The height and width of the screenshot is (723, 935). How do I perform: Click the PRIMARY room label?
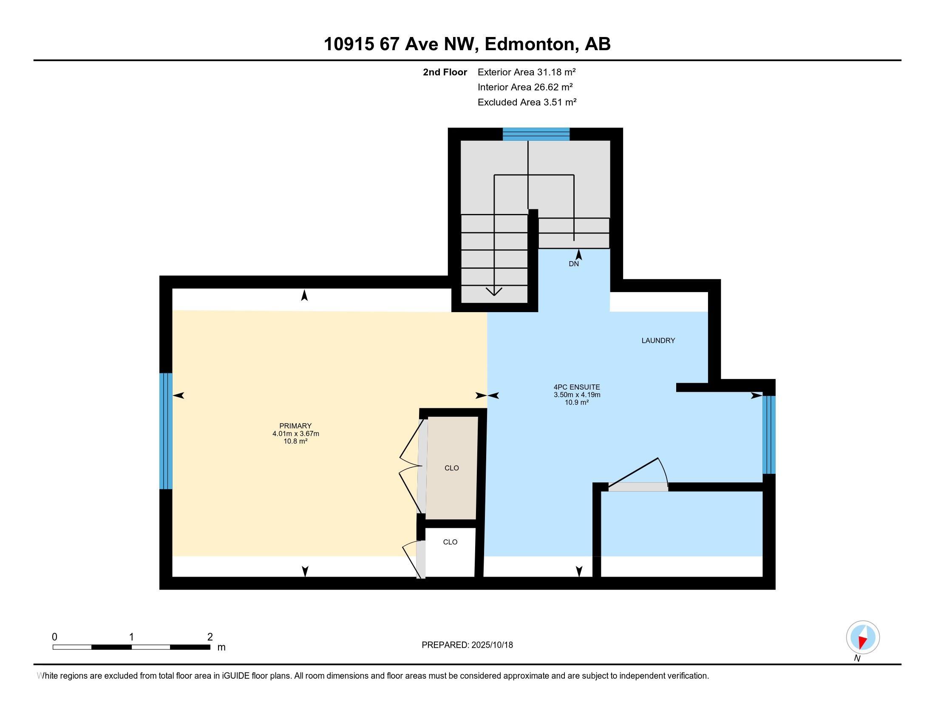tap(295, 426)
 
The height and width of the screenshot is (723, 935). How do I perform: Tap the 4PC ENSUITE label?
tap(577, 387)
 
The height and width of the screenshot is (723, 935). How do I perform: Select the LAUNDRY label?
tap(658, 341)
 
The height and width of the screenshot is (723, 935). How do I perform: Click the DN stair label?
tap(574, 264)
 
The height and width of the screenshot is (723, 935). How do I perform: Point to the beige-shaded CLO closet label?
tap(452, 468)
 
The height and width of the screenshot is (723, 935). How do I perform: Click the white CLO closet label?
tap(450, 542)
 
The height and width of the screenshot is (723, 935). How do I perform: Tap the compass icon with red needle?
tap(863, 637)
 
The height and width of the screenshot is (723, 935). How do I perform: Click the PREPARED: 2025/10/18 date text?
tap(467, 645)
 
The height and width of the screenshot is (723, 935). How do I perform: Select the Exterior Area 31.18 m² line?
tap(526, 72)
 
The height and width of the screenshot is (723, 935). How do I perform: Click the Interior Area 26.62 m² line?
tap(525, 87)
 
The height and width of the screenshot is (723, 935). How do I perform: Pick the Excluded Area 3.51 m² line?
tap(527, 102)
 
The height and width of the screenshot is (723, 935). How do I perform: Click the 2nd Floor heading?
tap(445, 72)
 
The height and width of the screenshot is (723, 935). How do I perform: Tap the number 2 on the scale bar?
tap(210, 637)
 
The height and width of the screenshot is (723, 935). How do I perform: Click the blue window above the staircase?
tap(536, 134)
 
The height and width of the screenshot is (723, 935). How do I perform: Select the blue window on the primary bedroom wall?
tap(166, 431)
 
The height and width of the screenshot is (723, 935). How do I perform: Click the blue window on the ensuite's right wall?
tap(769, 435)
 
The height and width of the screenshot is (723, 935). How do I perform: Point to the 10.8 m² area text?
tap(295, 441)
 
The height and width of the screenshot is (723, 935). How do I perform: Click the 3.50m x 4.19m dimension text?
tap(577, 395)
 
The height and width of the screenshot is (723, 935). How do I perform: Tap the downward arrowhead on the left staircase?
tap(494, 292)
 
